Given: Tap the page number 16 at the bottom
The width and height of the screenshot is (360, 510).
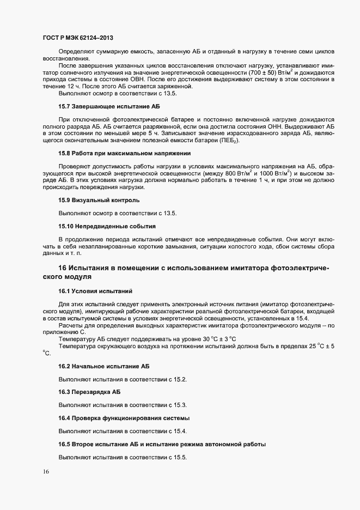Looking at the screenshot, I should click(46, 473).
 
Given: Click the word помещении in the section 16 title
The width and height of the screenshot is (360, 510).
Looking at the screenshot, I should click(139, 268).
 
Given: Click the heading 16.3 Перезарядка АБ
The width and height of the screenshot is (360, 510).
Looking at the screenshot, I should click(89, 392).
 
